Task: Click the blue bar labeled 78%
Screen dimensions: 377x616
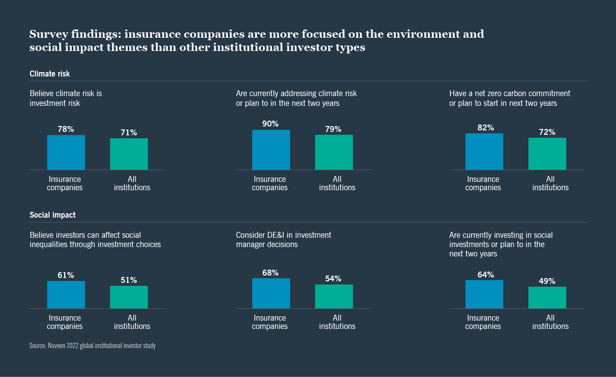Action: click(x=66, y=152)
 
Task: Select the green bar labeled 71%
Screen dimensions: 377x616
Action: click(x=128, y=154)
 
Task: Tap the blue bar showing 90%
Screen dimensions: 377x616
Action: click(x=271, y=150)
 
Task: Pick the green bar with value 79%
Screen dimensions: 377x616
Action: click(x=334, y=152)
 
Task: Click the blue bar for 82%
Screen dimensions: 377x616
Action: click(x=484, y=151)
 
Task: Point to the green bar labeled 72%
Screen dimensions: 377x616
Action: click(x=547, y=153)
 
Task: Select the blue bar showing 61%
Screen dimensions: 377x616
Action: click(x=66, y=295)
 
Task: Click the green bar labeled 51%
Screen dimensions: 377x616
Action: click(x=128, y=297)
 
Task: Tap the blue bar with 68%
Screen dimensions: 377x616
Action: click(x=271, y=293)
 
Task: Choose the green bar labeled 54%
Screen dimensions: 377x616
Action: click(x=334, y=296)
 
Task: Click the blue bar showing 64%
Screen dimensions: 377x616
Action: click(x=484, y=294)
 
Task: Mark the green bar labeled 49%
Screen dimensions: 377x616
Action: click(x=547, y=298)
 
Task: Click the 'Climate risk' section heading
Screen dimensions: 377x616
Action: click(x=49, y=74)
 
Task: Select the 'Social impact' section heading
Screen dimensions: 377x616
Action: click(x=52, y=215)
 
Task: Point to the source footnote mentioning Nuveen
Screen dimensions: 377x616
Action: click(x=92, y=346)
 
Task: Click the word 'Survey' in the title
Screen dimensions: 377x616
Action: click(x=47, y=34)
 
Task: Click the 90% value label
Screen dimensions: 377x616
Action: click(x=270, y=124)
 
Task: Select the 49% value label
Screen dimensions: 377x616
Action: click(x=547, y=281)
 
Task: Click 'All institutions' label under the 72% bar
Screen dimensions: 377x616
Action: click(x=550, y=183)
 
